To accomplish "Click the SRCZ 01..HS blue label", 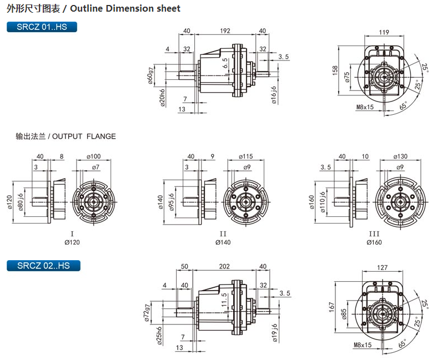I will pyautogui.click(x=42, y=27).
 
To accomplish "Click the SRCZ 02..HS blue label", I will pyautogui.click(x=43, y=266).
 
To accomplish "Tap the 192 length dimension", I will pyautogui.click(x=225, y=31).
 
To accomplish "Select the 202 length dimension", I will pyautogui.click(x=224, y=266).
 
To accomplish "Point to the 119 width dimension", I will pyautogui.click(x=383, y=32).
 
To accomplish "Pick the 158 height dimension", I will pyautogui.click(x=335, y=72).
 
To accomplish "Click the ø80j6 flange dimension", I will pyautogui.click(x=21, y=201).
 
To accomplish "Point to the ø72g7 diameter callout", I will pyautogui.click(x=147, y=312).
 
